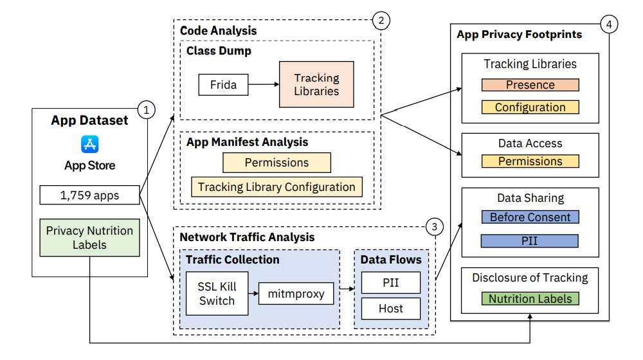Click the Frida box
coord(222,85)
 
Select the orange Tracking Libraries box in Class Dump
coord(316,84)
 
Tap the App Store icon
coord(90,143)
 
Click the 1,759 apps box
coord(90,195)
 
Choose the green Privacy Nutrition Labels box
coord(90,237)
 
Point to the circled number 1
coord(147,110)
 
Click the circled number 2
coord(381,21)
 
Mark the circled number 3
coord(435,226)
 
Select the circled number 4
coord(608,24)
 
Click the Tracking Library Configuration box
coord(276,187)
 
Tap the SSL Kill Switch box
coord(217,294)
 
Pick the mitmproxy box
coord(296,294)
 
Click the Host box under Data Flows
coord(390,309)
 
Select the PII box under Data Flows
coord(390,282)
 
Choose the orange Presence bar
coord(530,85)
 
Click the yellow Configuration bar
coord(530,107)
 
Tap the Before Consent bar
coord(530,217)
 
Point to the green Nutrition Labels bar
coord(530,298)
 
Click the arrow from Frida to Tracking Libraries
coord(263,85)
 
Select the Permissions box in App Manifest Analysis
coord(276,163)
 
